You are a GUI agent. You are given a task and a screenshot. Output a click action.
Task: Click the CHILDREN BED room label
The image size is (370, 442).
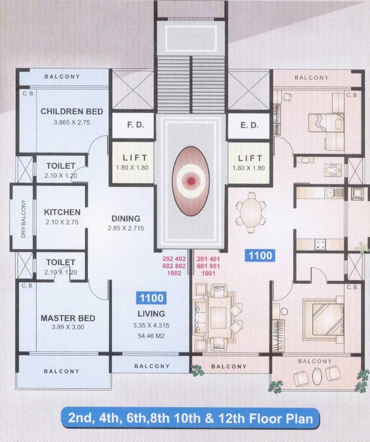coord(72,112)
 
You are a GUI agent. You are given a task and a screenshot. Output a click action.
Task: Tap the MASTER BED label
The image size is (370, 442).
coord(67,318)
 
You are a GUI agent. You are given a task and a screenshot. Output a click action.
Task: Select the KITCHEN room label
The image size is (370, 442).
coord(62,212)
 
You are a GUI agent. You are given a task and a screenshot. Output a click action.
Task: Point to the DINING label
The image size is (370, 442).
coord(126,219)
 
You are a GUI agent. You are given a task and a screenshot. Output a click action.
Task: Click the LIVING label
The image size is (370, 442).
coord(151,314)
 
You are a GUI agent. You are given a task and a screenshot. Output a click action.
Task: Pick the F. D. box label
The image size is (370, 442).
coord(132,125)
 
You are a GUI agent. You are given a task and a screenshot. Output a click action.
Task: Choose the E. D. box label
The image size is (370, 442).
coord(249,125)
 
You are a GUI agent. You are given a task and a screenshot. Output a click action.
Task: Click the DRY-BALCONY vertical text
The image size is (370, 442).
coord(23,219)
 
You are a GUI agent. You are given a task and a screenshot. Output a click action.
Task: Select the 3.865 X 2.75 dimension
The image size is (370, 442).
coord(72,122)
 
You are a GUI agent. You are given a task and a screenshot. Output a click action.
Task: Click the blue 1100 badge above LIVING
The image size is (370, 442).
coord(151,298)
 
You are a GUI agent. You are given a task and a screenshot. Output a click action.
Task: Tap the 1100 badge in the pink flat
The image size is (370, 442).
coord(260,256)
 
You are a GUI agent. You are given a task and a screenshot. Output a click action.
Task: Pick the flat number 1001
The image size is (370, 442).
coord(207,273)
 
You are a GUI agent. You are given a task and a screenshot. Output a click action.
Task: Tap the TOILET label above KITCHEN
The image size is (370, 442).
coord(61,166)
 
